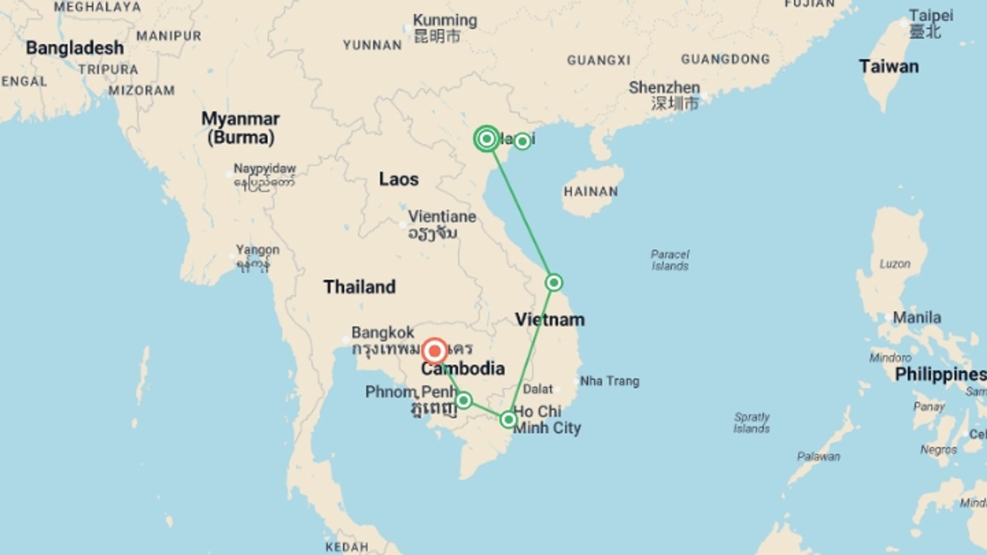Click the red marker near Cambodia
[435, 351]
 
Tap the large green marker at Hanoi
[486, 139]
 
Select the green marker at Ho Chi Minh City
[508, 420]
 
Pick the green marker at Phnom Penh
[463, 400]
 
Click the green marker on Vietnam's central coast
[554, 283]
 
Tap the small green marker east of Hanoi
[522, 141]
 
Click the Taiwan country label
[888, 67]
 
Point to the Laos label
[398, 179]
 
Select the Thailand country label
[359, 287]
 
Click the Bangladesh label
[75, 48]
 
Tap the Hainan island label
[591, 192]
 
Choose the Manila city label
[917, 318]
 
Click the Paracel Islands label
[670, 260]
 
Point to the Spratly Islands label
[752, 422]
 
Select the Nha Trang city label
[609, 381]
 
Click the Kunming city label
[445, 21]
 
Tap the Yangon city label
[258, 250]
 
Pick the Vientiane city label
[442, 217]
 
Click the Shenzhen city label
[664, 88]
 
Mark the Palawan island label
[818, 456]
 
